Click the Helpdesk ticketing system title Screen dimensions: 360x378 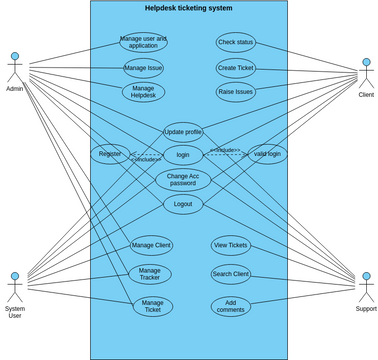pos(188,8)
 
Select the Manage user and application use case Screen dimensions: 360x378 pos(143,42)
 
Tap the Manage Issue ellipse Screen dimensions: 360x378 pos(143,68)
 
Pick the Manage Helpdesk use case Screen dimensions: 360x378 pos(143,92)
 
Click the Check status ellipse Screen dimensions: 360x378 pos(236,42)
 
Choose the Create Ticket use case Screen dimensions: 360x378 pos(236,68)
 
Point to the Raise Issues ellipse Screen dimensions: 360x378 pos(236,92)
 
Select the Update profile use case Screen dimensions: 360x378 pos(183,131)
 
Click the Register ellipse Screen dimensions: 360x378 pos(110,154)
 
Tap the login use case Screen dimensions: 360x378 pos(183,155)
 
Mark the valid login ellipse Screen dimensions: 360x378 pos(267,154)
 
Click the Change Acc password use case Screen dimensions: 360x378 pos(183,180)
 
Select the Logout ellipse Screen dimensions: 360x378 pos(183,204)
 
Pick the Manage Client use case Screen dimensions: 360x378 pos(151,245)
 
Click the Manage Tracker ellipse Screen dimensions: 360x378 pos(150,274)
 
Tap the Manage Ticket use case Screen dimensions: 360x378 pos(152,306)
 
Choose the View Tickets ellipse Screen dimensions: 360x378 pos(231,245)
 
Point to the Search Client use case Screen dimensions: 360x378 pos(231,274)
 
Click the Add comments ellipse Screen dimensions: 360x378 pos(231,306)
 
